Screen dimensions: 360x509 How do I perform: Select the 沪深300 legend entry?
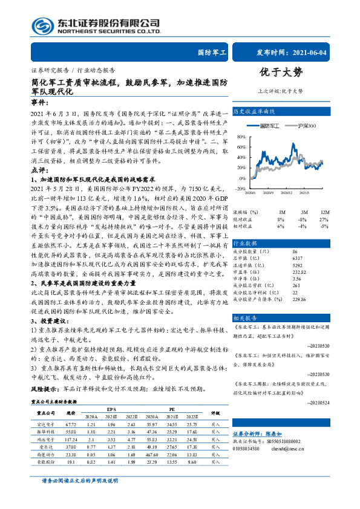(x=306, y=125)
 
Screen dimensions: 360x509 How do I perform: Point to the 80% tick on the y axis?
(x=241, y=137)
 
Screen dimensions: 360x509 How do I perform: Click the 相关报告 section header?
(x=244, y=301)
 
